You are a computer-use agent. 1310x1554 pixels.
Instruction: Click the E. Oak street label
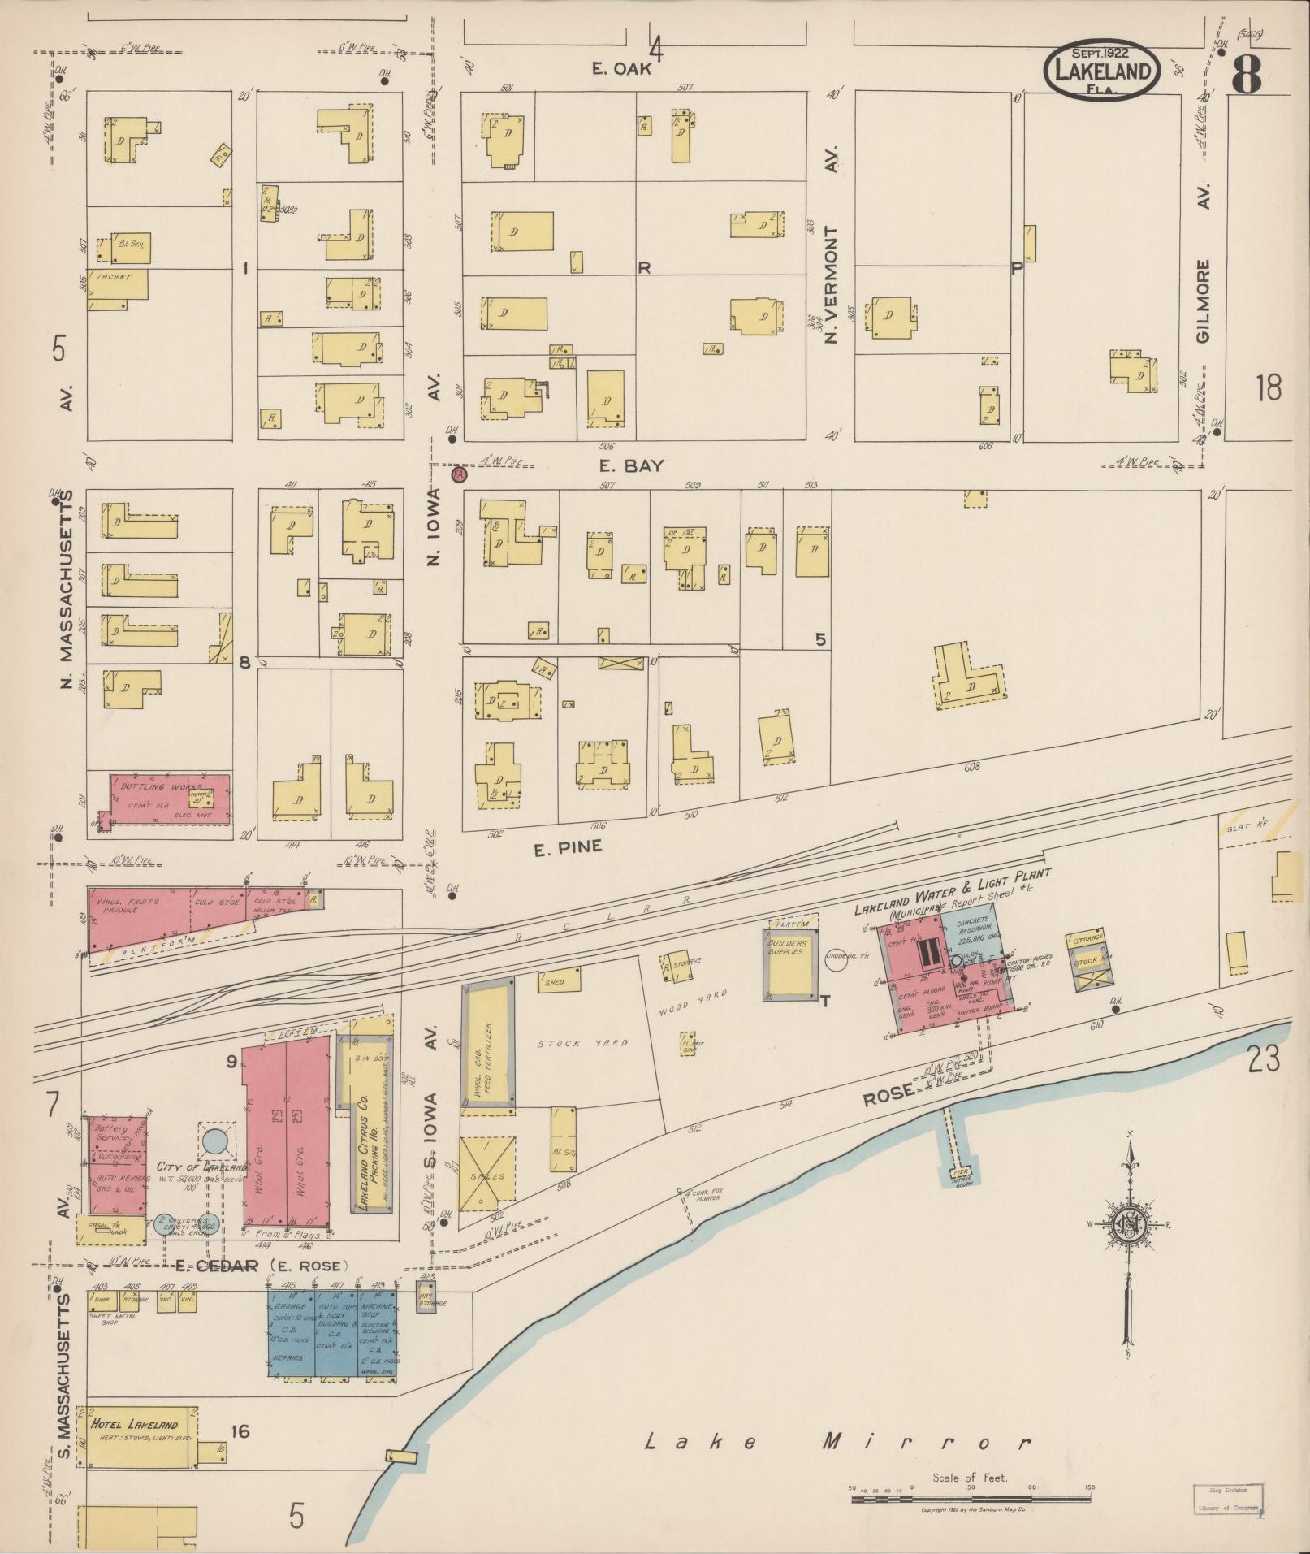pos(621,70)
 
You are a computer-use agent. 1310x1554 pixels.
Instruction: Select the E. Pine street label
pos(568,847)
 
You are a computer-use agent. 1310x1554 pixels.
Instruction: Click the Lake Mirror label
pos(837,1443)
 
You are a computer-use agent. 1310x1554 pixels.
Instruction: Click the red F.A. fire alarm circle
pos(458,473)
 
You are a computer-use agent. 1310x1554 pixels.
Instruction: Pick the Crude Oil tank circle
pos(837,958)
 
